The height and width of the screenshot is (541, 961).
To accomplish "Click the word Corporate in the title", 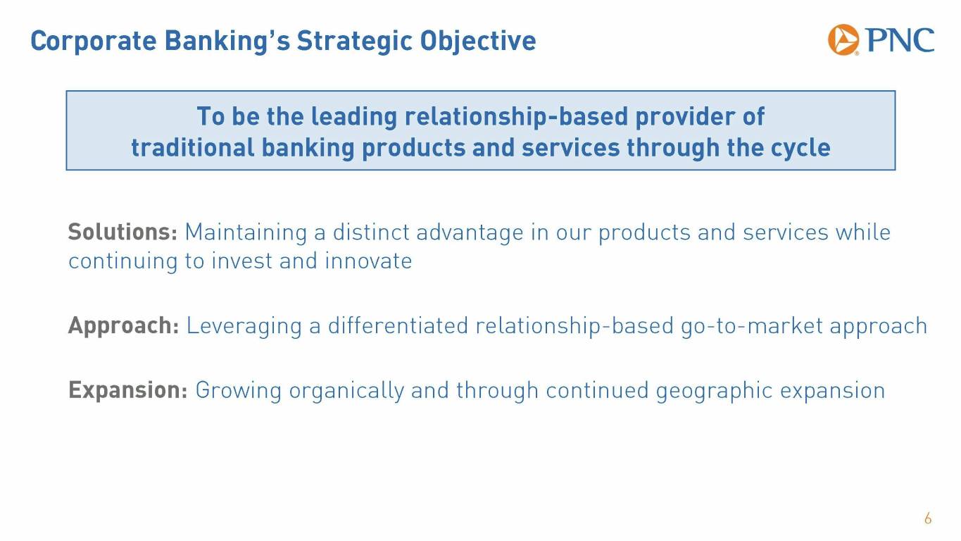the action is pos(94,42).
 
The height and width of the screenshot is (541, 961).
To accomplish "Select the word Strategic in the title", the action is pos(354,42).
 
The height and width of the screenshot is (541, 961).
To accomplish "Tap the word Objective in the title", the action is pos(478,42).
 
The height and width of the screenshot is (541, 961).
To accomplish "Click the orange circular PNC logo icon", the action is pos(843,40).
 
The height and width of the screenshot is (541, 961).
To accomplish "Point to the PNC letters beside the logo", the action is pos(899,40).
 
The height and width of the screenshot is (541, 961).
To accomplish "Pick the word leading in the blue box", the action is pos(354,117).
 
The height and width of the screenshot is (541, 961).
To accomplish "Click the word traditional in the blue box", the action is pos(193,148).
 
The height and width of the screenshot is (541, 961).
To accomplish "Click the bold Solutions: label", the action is pos(123,232).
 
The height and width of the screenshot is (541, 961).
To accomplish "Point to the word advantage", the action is pos(470,233).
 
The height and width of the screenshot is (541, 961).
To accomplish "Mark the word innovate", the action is pos(368,261).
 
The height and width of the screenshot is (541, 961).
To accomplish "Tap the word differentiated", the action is pos(398,325).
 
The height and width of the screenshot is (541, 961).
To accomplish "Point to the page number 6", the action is pos(928,518).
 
